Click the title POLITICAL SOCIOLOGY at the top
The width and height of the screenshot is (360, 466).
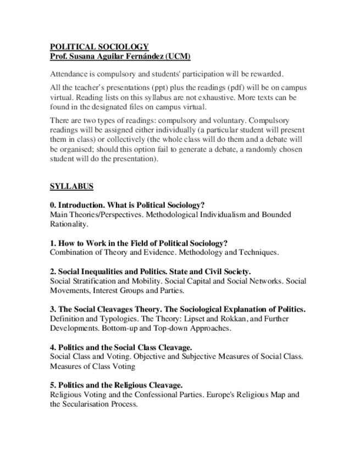(x=99, y=47)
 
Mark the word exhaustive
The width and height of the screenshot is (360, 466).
(x=205, y=97)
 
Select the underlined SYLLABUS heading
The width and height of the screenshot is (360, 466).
(x=71, y=186)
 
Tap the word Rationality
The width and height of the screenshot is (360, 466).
(x=68, y=224)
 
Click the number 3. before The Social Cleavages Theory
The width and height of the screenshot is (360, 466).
(x=53, y=309)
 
